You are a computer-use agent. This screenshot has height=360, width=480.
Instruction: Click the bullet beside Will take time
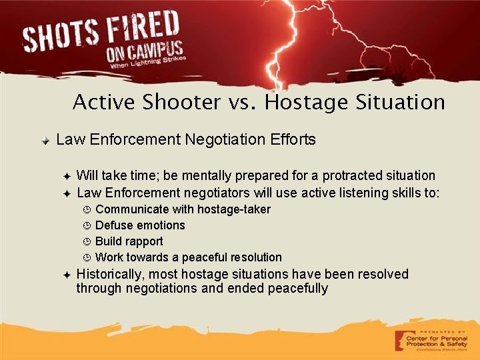pyautogui.click(x=67, y=176)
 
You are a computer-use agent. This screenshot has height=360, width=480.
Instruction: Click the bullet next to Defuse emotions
pyautogui.click(x=87, y=225)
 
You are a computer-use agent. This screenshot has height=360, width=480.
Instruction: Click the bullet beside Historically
pyautogui.click(x=67, y=275)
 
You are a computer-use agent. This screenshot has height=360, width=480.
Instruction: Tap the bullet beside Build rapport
pyautogui.click(x=87, y=241)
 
